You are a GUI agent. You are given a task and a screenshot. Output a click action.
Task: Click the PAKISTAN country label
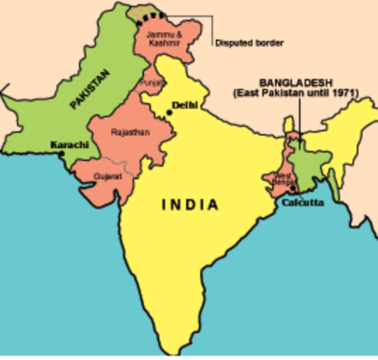click(x=89, y=89)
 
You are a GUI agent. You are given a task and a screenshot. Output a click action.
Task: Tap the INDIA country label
click(x=191, y=205)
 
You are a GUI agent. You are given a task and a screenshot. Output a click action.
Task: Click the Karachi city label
click(x=70, y=144)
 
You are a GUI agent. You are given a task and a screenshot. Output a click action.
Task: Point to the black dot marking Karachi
click(x=61, y=154)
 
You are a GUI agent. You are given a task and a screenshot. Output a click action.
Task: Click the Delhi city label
click(x=184, y=106)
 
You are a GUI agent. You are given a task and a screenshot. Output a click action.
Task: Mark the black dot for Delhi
click(x=171, y=112)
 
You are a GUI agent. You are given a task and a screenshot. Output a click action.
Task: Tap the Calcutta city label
click(x=304, y=202)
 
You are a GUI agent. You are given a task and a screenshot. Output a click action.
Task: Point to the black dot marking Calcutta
click(x=292, y=188)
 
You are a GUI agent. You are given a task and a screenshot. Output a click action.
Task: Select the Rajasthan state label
click(x=130, y=132)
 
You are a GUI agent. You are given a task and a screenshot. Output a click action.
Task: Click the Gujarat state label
click(x=106, y=176)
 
